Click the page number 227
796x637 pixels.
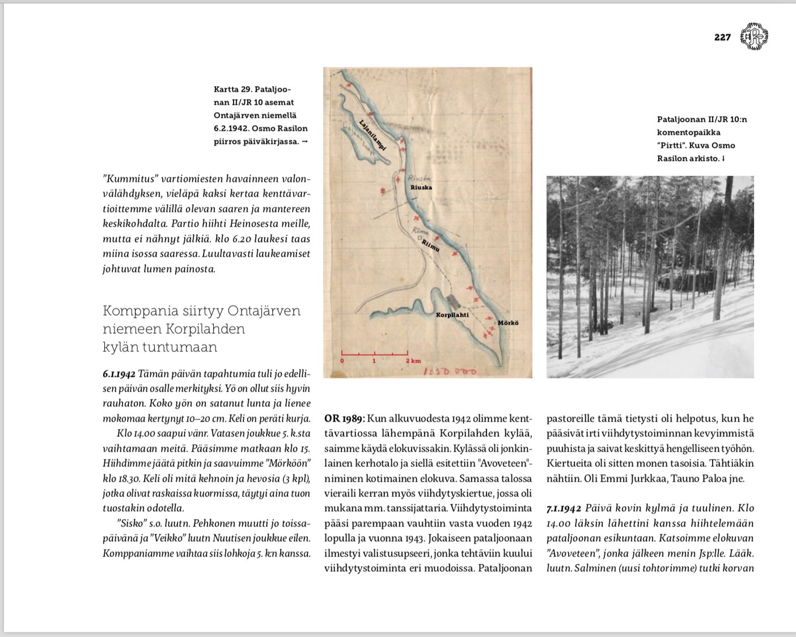[x=722, y=37]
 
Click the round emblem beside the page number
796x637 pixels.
[x=755, y=36]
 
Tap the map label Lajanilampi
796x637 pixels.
[x=373, y=135]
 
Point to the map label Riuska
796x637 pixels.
[x=421, y=187]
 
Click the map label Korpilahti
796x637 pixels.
[x=452, y=315]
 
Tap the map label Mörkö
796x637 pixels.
[x=507, y=323]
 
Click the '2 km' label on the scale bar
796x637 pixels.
[x=413, y=361]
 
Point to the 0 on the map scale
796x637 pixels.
[x=342, y=361]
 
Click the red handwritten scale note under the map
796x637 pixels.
[x=451, y=372]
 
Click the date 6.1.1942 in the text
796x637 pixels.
[x=119, y=374]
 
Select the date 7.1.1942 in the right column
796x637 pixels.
[x=564, y=508]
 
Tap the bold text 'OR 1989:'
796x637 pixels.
[x=345, y=419]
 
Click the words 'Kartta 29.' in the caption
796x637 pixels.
[x=232, y=90]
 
